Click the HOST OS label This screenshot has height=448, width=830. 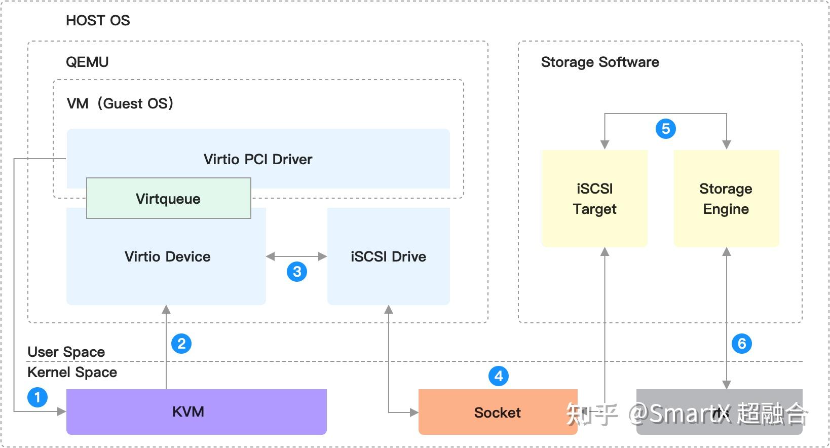[98, 21]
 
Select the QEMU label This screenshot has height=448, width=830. [87, 62]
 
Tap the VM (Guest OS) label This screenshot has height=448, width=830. [120, 103]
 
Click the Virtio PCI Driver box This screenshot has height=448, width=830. [258, 159]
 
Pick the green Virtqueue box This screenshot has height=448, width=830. [168, 199]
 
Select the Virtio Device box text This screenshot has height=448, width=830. [167, 256]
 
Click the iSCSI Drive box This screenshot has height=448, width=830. [388, 256]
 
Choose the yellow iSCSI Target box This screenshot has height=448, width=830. [594, 199]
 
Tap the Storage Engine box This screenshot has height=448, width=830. [726, 199]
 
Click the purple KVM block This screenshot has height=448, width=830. [196, 412]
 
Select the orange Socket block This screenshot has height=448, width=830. [497, 413]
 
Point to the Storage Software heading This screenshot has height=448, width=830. [600, 62]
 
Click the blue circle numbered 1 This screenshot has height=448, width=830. [37, 397]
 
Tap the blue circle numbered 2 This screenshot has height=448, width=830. [181, 344]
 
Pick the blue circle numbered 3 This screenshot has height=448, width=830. [297, 272]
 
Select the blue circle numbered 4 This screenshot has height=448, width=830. [499, 376]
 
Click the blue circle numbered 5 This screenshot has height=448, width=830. [666, 129]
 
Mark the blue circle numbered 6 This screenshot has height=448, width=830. [742, 344]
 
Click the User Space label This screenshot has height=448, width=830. [66, 352]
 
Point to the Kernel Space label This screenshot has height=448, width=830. [72, 372]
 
